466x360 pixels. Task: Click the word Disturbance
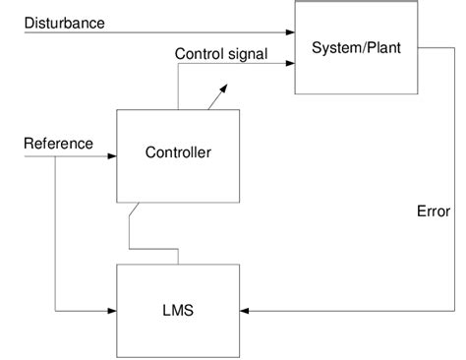[64, 22]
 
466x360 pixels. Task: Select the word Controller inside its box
[178, 152]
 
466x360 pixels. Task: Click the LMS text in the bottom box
[178, 311]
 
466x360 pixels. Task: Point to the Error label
[434, 210]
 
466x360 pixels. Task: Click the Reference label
[58, 144]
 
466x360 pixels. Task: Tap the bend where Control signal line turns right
[178, 66]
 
